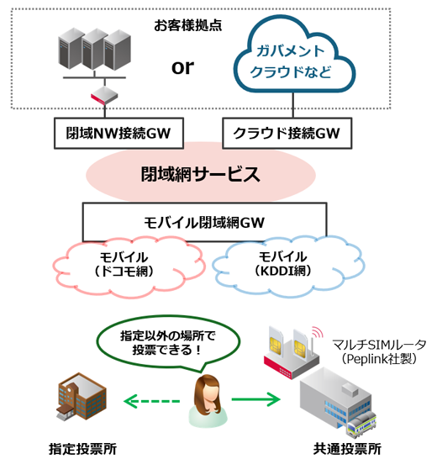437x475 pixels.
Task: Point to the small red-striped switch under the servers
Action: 103,95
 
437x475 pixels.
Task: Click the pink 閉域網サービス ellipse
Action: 198,176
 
